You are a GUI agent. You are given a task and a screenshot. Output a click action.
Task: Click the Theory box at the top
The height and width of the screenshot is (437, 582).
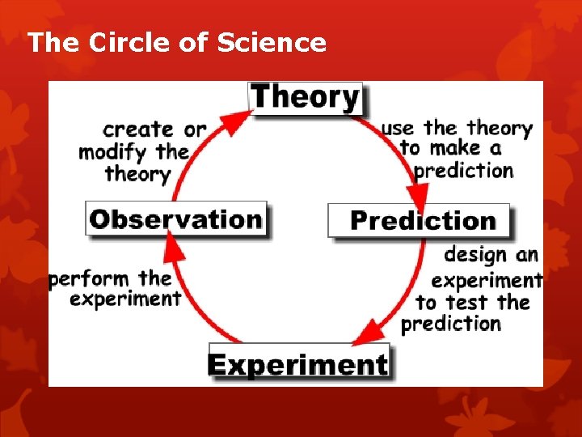click(x=306, y=98)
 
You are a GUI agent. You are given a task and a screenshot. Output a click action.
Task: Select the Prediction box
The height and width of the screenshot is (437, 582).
click(x=420, y=220)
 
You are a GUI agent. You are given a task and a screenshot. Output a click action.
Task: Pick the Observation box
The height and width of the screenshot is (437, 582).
click(x=175, y=218)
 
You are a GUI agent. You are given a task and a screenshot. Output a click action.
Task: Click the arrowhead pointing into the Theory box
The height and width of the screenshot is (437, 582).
click(x=234, y=122)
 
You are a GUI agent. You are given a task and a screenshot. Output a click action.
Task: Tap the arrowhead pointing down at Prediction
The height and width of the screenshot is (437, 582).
click(x=418, y=195)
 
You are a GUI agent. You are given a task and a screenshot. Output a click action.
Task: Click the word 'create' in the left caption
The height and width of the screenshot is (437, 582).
click(x=137, y=129)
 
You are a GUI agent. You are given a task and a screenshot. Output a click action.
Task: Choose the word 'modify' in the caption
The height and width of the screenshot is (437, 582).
click(x=113, y=151)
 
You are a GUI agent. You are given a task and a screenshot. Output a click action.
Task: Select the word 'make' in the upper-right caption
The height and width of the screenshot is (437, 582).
click(x=454, y=149)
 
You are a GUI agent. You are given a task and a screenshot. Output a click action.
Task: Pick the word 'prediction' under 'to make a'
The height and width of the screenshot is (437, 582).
click(x=464, y=171)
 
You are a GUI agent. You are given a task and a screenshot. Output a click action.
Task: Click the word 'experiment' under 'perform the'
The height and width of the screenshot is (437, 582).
click(x=125, y=299)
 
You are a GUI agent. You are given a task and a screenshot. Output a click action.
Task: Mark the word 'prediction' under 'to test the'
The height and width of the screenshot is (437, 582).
click(x=451, y=324)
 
